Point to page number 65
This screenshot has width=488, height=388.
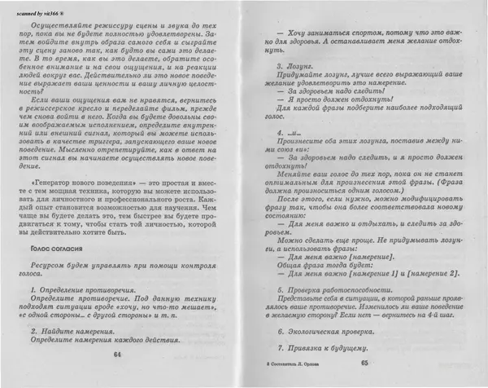pyautogui.click(x=364, y=363)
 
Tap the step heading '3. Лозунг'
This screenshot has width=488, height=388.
pyautogui.click(x=294, y=65)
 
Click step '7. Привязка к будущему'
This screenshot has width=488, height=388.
pyautogui.click(x=325, y=348)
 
